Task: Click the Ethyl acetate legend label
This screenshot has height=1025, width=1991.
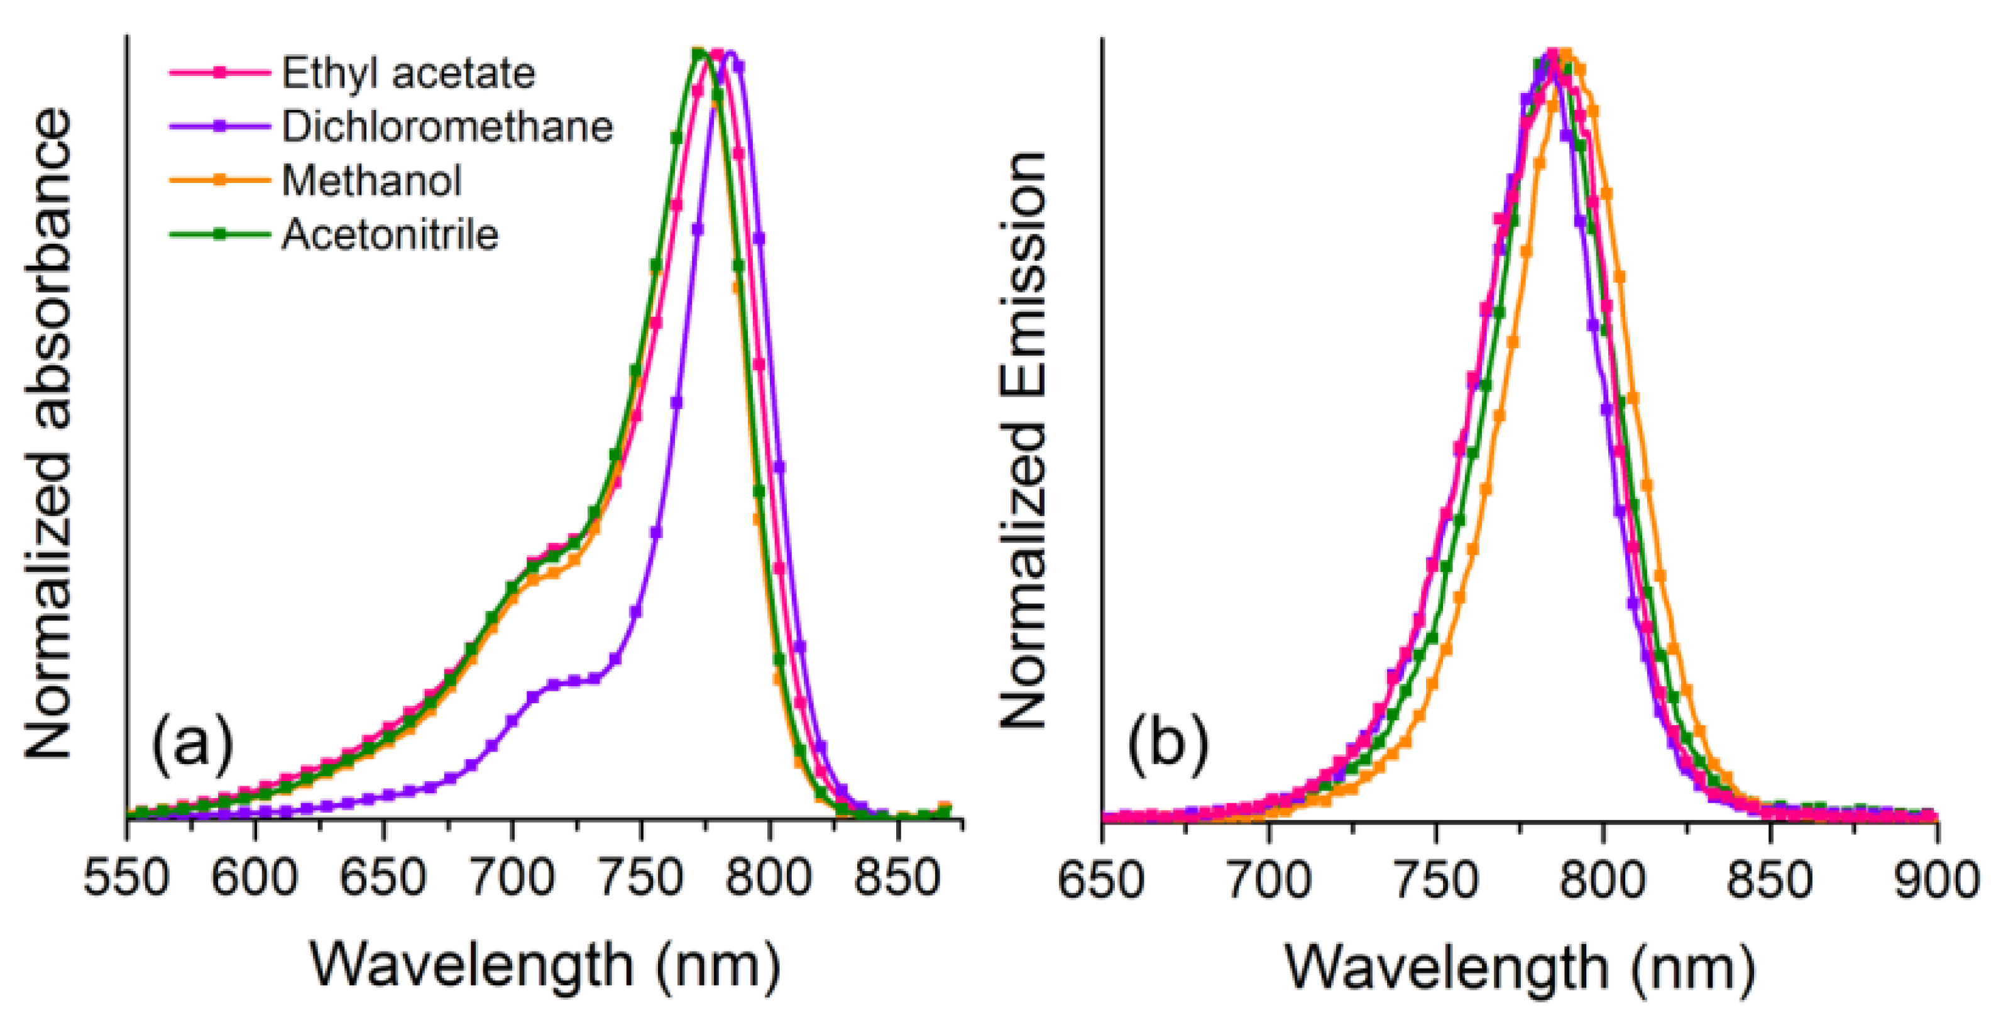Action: click(407, 74)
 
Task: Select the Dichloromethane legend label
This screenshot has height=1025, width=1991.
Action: click(447, 127)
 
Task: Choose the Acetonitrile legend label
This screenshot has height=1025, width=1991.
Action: click(390, 234)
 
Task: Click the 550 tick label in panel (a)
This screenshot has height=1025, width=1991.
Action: click(126, 879)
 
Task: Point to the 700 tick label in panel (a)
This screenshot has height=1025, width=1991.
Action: click(511, 879)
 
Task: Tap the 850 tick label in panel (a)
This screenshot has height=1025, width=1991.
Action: click(897, 879)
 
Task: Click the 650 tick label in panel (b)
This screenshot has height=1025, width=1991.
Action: click(1100, 880)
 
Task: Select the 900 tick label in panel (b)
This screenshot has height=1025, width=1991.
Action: click(1935, 880)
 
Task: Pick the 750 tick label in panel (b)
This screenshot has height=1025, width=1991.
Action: click(1435, 880)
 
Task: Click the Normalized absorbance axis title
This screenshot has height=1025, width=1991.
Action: click(48, 433)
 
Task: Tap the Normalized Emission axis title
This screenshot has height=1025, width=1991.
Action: click(1023, 441)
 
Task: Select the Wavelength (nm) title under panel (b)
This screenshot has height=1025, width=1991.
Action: click(1520, 967)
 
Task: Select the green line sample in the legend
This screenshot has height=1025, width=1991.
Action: click(219, 234)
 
